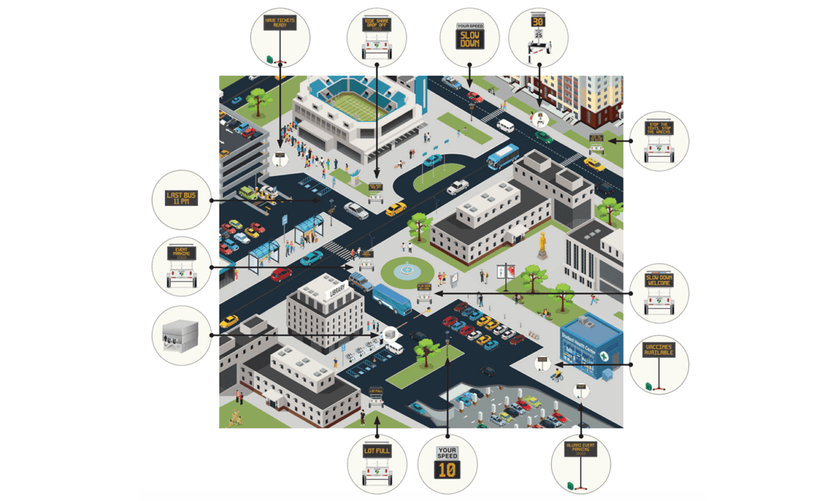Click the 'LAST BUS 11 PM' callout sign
coord(182,199)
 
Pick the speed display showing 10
coord(447,462)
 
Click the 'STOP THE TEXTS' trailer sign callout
coord(658,140)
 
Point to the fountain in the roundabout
coord(407,271)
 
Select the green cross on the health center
coord(605,354)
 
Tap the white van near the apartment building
coord(506,125)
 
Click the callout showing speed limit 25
coord(538,37)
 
